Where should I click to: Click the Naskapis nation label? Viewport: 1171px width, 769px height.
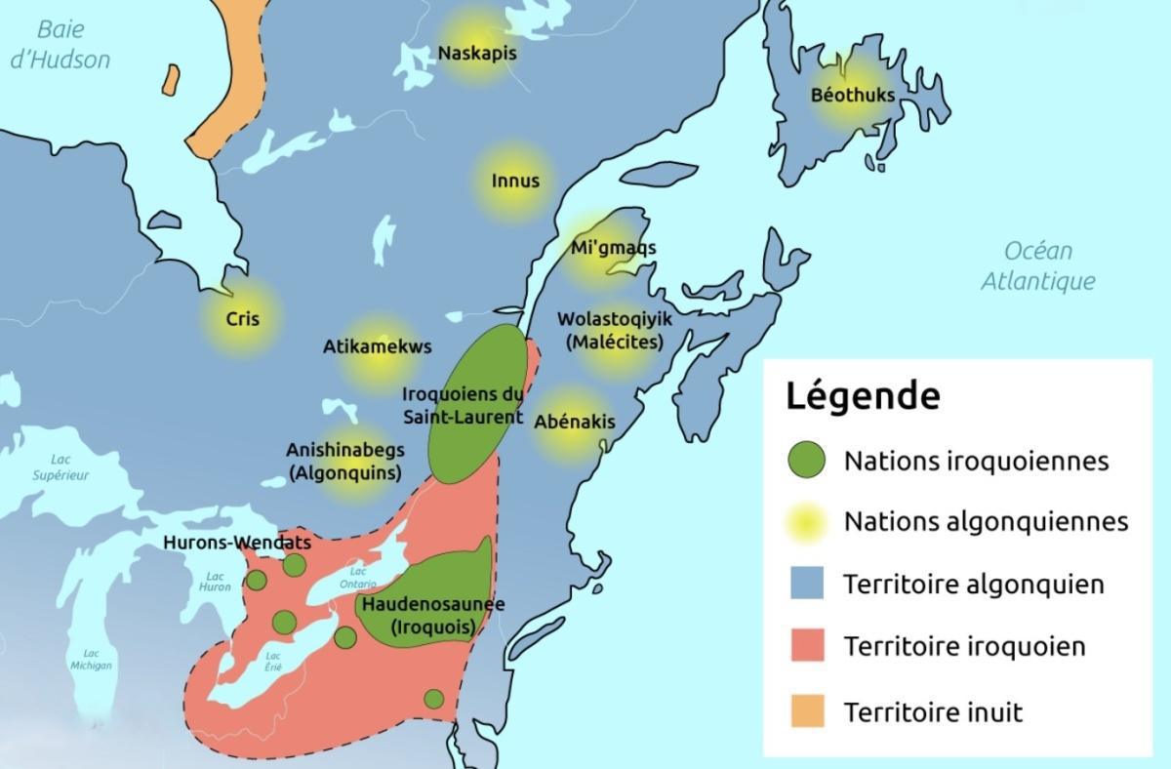click(x=477, y=53)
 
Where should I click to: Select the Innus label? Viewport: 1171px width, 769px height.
click(x=515, y=181)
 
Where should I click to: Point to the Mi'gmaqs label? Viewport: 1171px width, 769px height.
click(x=613, y=248)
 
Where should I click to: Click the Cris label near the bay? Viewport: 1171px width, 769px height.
click(x=242, y=318)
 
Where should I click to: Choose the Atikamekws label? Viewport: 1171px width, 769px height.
click(x=377, y=346)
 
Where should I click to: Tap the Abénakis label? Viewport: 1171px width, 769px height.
click(x=575, y=423)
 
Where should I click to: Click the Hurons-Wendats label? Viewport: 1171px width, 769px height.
click(x=237, y=542)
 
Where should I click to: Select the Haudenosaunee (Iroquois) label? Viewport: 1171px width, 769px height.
click(x=432, y=616)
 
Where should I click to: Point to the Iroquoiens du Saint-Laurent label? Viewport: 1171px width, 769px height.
click(x=463, y=404)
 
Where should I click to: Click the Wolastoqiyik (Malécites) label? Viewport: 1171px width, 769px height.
click(x=614, y=330)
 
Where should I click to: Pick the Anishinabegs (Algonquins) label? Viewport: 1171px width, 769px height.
click(x=344, y=462)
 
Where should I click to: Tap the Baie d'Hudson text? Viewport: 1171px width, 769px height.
click(x=60, y=45)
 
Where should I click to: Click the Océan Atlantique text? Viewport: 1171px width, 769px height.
click(x=1037, y=265)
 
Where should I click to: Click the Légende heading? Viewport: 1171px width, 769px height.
click(x=863, y=396)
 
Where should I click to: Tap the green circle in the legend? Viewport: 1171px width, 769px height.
click(x=805, y=460)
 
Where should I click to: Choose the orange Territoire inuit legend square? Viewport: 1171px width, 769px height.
click(x=805, y=710)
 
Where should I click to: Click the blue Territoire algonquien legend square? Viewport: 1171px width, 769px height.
click(x=805, y=585)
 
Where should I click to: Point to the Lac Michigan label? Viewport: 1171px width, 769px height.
click(x=91, y=659)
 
